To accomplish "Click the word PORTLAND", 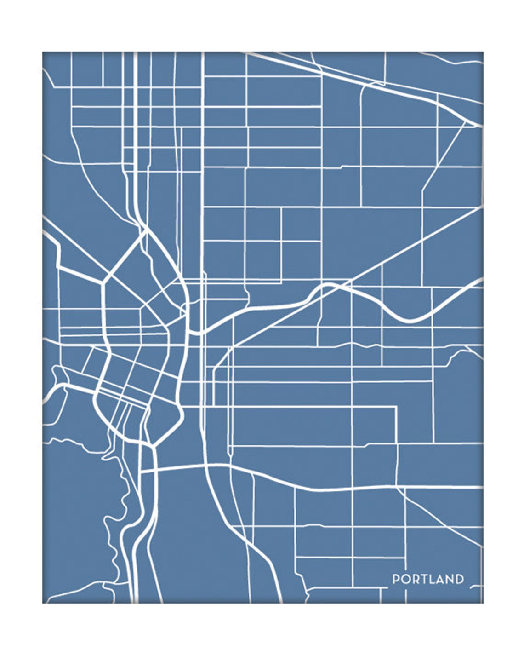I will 428,579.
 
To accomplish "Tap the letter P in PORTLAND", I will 395,579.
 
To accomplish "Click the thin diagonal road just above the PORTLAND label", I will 441,520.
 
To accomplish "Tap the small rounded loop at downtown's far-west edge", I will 58,375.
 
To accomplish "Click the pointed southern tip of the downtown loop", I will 152,445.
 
